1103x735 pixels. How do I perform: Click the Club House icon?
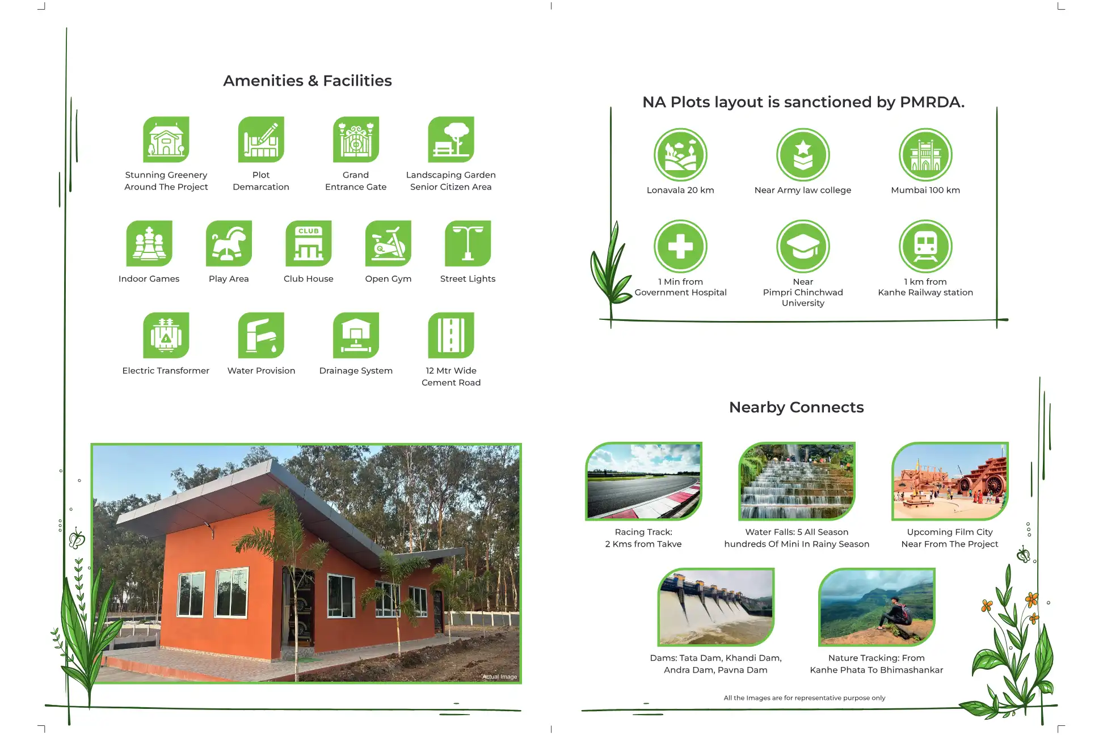309,243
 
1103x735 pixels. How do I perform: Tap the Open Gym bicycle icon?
388,243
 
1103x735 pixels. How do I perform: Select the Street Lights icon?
468,243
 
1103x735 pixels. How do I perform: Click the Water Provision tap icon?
261,335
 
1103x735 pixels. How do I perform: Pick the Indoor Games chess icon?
149,243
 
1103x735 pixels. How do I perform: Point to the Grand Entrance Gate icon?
356,140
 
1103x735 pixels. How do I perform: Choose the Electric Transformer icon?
166,335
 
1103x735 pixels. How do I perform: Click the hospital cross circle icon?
680,247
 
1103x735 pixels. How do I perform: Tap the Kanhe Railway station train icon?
925,247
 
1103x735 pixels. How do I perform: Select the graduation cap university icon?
803,247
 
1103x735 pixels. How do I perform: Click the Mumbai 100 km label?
925,190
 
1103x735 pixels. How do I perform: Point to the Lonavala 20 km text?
680,190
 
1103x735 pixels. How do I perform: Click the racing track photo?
643,481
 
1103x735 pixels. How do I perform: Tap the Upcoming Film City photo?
950,481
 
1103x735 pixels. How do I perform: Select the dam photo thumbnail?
716,607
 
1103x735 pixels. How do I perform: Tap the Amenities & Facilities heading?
308,81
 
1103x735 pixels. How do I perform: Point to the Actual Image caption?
500,677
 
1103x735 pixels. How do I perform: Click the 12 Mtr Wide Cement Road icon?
451,335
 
